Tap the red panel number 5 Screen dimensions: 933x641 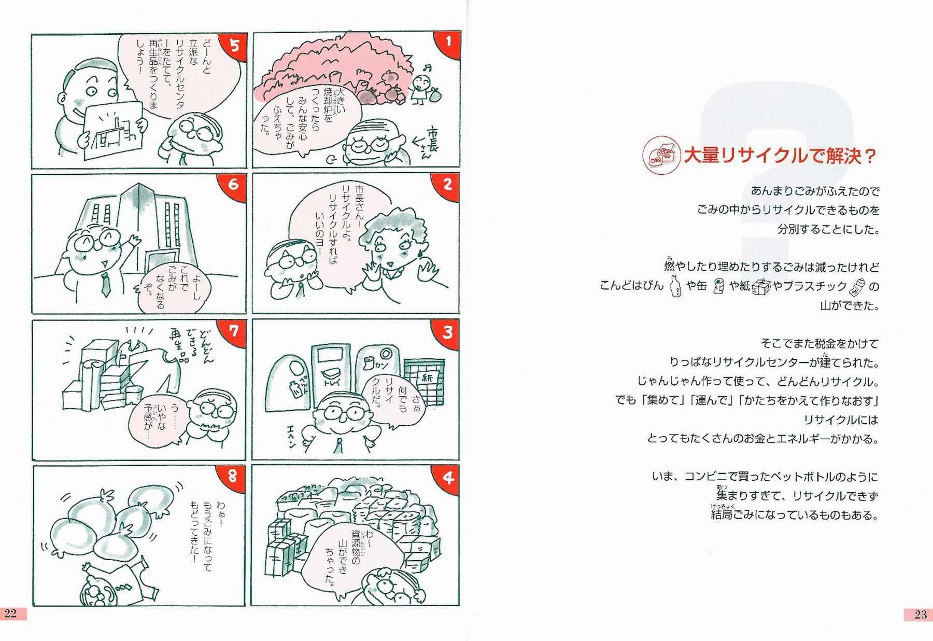pyautogui.click(x=234, y=46)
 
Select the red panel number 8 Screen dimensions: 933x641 pyautogui.click(x=233, y=476)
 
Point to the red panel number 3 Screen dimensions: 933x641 pyautogui.click(x=447, y=332)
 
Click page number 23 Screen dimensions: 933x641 pyautogui.click(x=921, y=615)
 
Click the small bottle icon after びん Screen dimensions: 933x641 pyautogui.click(x=675, y=286)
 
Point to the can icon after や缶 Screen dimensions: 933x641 pyautogui.click(x=718, y=286)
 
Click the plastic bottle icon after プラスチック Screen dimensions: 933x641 pyautogui.click(x=857, y=286)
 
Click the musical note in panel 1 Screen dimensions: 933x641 pyautogui.click(x=427, y=67)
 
